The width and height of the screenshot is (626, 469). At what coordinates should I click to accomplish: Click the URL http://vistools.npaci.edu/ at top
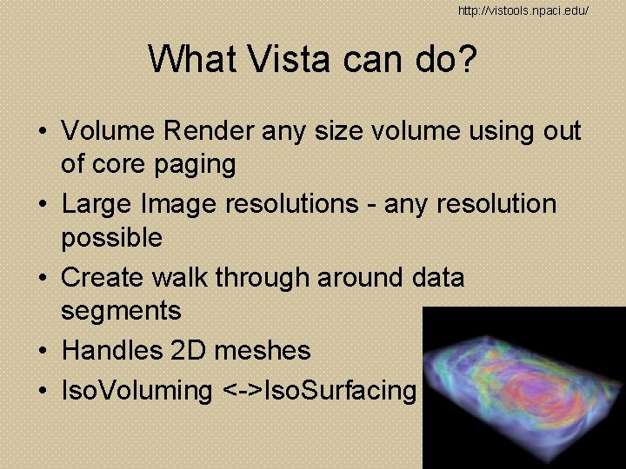[523, 10]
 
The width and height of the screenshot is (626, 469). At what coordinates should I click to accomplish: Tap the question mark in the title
[465, 59]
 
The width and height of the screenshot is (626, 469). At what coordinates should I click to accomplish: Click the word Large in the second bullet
[97, 204]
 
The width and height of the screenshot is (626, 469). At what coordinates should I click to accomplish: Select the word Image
[178, 204]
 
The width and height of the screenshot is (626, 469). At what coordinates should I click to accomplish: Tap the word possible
[111, 238]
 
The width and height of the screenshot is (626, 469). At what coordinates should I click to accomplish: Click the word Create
[103, 278]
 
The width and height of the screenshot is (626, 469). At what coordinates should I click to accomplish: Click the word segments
[121, 311]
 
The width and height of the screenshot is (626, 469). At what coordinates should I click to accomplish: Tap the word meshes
[264, 351]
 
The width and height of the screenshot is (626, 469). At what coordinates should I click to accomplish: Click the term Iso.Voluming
[137, 391]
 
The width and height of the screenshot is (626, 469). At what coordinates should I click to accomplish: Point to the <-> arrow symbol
[241, 391]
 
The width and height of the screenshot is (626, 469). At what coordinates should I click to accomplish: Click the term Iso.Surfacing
[339, 391]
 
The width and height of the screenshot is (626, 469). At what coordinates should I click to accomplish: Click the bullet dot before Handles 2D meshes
[42, 352]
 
